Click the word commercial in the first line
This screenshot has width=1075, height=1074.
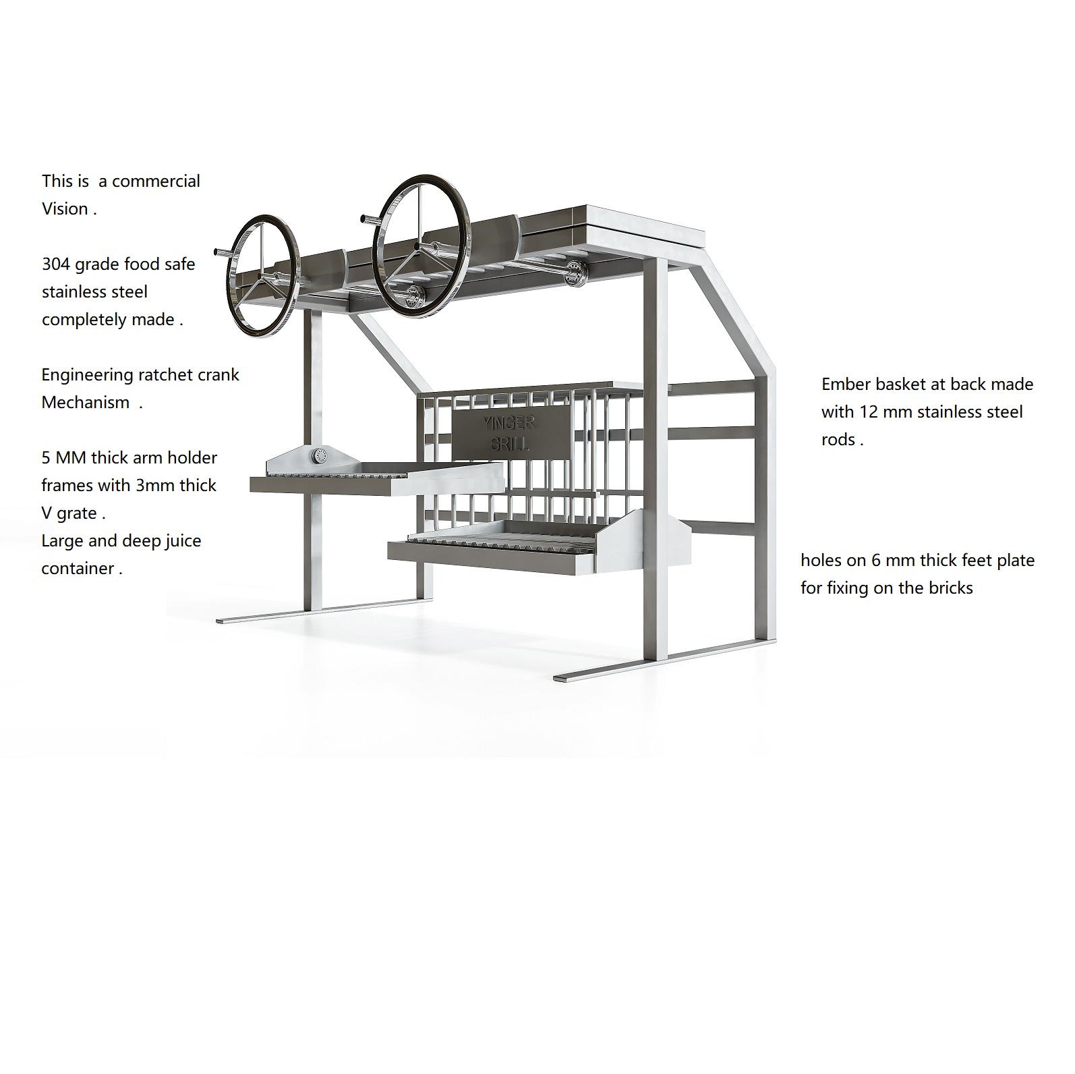156,181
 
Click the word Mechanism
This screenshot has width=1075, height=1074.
85,402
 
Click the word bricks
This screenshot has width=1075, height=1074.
950,588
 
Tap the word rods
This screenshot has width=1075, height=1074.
838,439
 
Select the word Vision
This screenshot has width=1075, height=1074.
65,208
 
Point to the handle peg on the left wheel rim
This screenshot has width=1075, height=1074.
221,252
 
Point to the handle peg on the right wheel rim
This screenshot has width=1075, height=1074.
367,218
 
